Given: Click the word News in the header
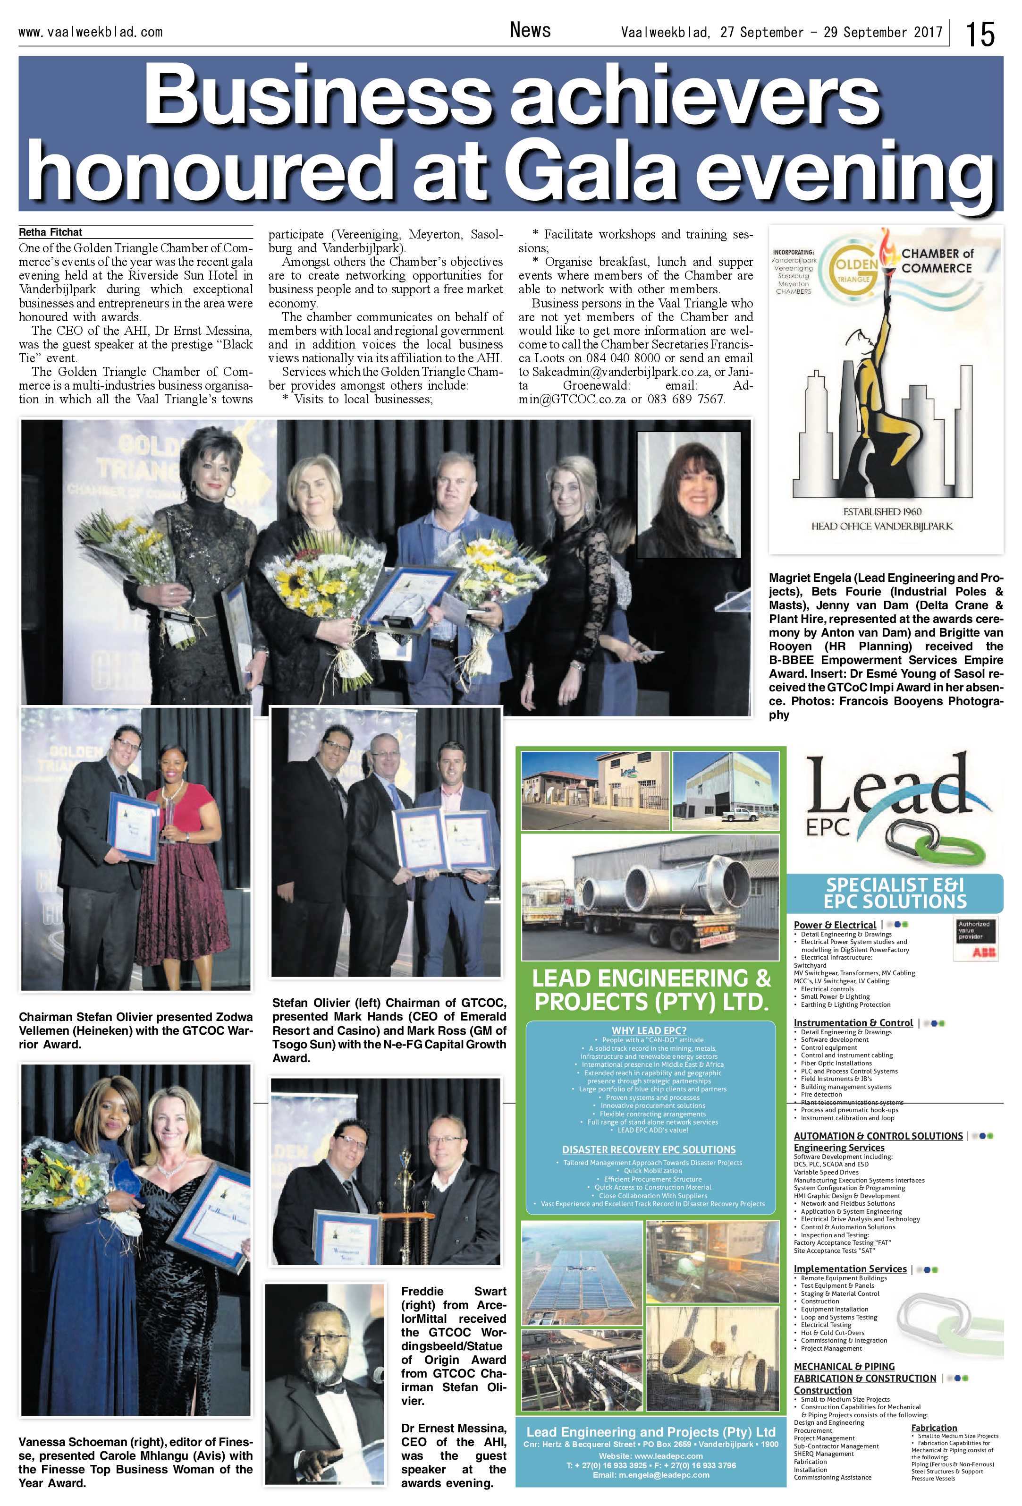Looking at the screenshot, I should click(x=530, y=30).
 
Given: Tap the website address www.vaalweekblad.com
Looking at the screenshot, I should click(x=90, y=32).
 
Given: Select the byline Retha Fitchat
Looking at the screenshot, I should click(x=51, y=232).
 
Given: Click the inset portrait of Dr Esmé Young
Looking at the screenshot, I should click(x=688, y=494).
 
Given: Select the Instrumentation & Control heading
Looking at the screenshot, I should click(x=853, y=1022).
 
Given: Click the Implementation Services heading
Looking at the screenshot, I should click(x=850, y=1269).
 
